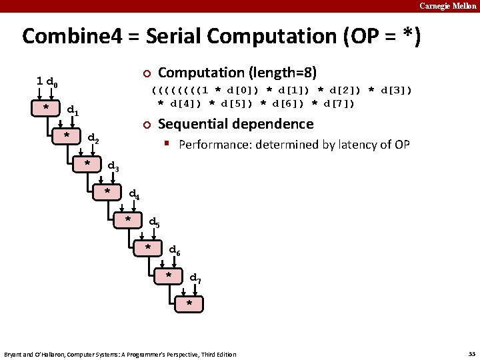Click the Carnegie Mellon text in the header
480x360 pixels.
[448, 5]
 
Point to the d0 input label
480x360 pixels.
[52, 83]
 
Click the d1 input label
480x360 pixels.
[73, 111]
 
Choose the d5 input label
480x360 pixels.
[154, 223]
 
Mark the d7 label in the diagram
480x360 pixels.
[195, 278]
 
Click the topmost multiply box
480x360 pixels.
[45, 107]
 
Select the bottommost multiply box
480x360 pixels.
[189, 303]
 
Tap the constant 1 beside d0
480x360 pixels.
[40, 81]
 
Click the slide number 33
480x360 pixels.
[469, 353]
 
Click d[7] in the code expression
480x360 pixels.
[336, 103]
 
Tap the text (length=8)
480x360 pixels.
[279, 72]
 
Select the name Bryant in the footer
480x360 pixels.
[15, 354]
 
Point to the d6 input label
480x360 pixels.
[175, 251]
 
